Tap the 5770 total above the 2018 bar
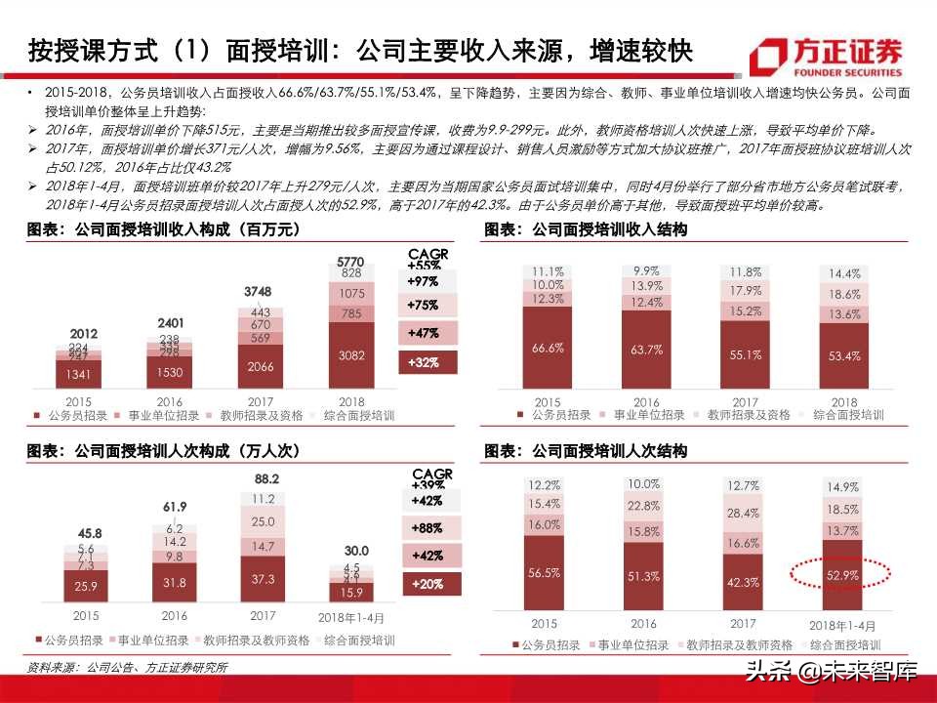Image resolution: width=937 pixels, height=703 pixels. tap(349, 262)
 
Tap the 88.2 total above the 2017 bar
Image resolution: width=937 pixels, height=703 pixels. tap(266, 478)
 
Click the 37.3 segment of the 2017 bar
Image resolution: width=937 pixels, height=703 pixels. tap(263, 578)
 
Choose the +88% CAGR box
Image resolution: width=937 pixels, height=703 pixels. tap(426, 528)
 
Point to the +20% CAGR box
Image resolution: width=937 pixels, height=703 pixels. tap(426, 585)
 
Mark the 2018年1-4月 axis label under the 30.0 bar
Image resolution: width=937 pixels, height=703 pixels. tap(351, 617)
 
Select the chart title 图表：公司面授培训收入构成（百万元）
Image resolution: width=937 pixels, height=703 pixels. tap(162, 230)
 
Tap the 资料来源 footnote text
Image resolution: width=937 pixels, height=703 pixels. tap(127, 668)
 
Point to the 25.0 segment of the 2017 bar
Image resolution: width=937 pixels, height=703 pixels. tap(263, 521)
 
